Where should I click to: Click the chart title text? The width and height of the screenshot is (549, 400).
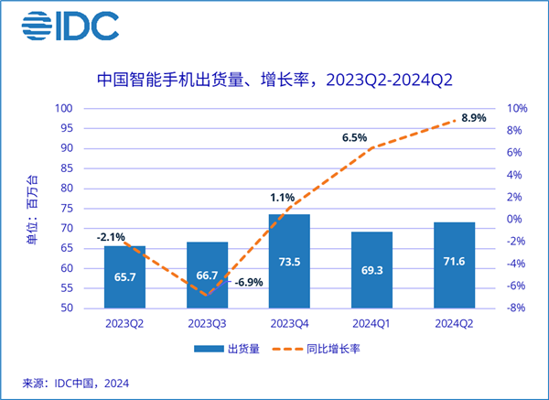(274, 80)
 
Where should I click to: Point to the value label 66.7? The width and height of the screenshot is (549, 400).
(207, 274)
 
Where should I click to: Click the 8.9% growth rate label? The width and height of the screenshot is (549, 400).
(473, 119)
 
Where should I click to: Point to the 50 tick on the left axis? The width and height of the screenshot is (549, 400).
(68, 308)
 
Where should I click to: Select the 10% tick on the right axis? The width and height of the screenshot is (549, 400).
(516, 108)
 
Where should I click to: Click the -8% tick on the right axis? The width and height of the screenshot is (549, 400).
(515, 308)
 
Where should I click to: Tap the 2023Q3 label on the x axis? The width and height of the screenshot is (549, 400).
(207, 323)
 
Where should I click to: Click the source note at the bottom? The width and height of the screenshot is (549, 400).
(77, 383)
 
